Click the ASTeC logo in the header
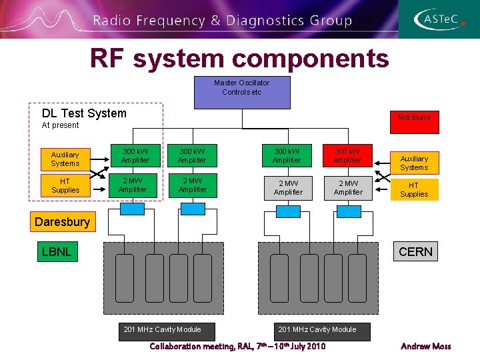click(437, 19)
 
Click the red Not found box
click(414, 118)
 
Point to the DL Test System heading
click(84, 113)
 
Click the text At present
click(60, 125)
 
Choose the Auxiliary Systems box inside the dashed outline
click(65, 159)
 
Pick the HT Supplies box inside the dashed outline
click(65, 186)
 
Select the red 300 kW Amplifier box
click(347, 156)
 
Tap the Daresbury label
click(62, 222)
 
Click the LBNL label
click(57, 251)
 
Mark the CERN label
click(415, 251)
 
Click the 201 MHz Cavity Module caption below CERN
click(317, 329)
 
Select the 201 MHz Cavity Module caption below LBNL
click(162, 329)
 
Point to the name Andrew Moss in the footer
click(425, 346)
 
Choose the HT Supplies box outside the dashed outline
click(414, 190)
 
